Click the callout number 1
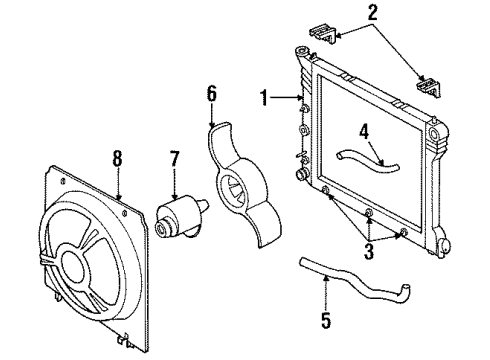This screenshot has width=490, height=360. [264, 97]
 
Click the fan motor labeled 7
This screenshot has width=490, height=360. [175, 215]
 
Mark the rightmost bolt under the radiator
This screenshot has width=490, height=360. [402, 234]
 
